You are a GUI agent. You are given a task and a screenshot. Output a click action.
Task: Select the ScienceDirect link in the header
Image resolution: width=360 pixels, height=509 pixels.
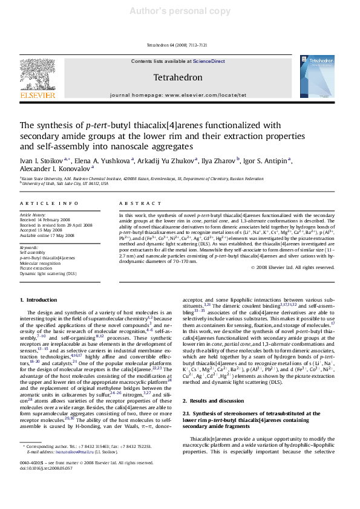coord(209,61)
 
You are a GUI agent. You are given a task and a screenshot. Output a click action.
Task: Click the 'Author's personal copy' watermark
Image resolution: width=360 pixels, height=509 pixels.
coord(180,11)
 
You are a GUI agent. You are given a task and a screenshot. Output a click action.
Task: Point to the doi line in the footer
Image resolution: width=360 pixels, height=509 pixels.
coord(46,467)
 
